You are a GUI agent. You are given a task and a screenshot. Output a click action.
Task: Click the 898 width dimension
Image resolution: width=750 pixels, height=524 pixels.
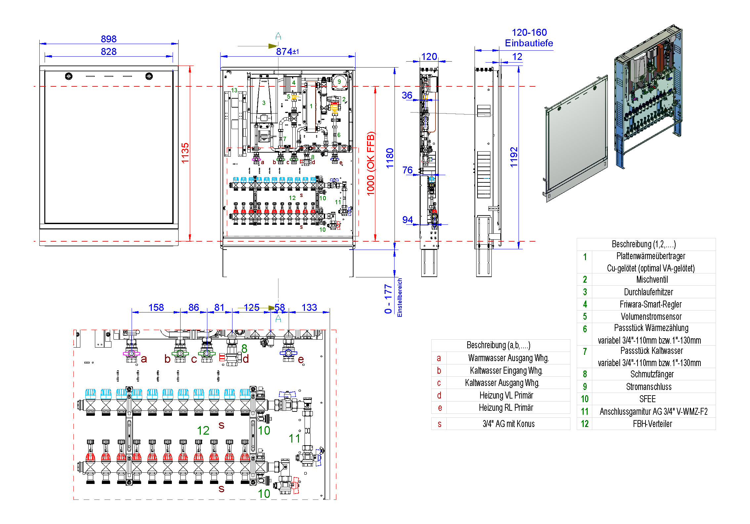click(x=108, y=39)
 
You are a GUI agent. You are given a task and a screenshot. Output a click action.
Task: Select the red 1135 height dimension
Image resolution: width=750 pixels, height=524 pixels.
click(x=185, y=153)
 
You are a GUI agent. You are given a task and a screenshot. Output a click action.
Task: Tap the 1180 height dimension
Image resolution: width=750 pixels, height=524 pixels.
click(x=390, y=158)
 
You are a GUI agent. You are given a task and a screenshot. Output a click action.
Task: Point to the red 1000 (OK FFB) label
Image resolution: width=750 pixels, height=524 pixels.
click(x=371, y=164)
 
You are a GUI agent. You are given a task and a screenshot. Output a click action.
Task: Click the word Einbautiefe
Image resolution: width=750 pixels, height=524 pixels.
click(x=529, y=43)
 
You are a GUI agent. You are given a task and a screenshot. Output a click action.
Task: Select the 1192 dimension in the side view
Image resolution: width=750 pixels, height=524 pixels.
click(x=514, y=157)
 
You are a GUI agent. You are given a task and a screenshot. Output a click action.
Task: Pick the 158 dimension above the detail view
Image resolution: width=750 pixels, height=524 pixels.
click(x=156, y=308)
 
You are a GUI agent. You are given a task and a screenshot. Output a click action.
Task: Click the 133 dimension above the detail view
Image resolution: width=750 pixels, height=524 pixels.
click(x=309, y=308)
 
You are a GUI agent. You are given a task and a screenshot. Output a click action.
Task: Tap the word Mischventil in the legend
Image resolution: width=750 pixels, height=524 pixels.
click(x=652, y=280)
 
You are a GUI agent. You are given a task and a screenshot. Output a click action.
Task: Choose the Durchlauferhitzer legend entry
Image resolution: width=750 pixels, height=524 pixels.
click(x=648, y=292)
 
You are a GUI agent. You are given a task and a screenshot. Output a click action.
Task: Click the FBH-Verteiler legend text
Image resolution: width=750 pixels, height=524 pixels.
click(x=652, y=424)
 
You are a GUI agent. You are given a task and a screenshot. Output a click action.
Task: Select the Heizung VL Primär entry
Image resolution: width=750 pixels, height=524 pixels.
click(x=506, y=395)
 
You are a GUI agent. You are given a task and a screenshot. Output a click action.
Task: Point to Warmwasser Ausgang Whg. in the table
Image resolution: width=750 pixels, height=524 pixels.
click(x=508, y=358)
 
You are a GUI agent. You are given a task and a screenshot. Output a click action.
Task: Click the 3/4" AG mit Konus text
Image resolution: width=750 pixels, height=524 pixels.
click(x=508, y=424)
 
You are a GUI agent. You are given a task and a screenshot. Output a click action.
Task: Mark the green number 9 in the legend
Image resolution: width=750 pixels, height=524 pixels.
click(x=585, y=387)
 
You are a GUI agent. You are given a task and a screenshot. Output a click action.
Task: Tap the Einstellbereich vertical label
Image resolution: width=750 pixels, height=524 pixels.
click(x=400, y=297)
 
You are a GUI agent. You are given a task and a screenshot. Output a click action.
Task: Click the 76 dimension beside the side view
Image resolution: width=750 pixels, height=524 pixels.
click(x=407, y=170)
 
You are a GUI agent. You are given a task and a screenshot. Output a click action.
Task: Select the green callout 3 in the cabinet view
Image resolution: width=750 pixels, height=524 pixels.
click(x=264, y=103)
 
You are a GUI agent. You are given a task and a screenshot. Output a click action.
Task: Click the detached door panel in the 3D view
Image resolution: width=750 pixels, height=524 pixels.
click(x=576, y=137)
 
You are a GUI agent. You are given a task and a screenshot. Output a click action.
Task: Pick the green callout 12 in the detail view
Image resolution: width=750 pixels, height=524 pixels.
click(x=203, y=430)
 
